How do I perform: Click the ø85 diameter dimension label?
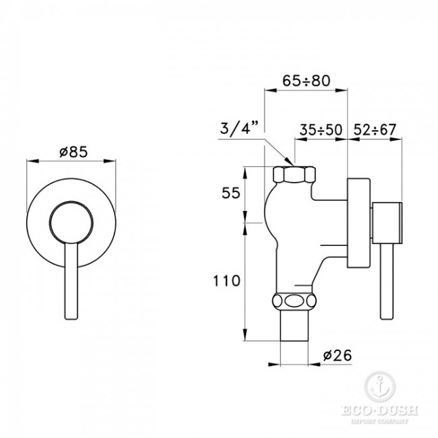[x=69, y=152]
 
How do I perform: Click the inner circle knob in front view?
[x=70, y=220]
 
